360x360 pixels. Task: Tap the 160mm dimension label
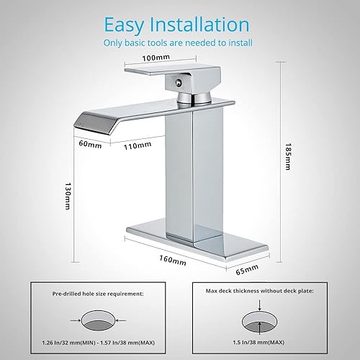tap(171, 261)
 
